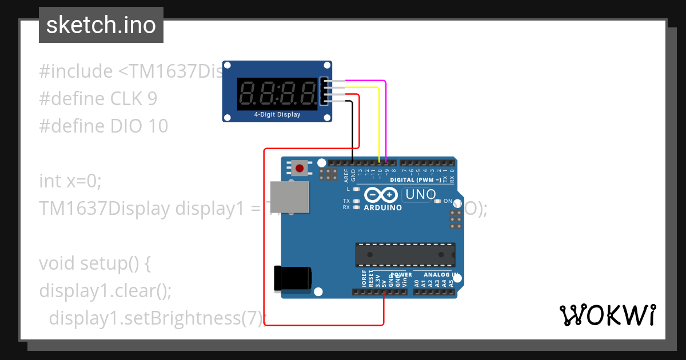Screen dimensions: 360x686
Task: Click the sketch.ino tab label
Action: click(101, 25)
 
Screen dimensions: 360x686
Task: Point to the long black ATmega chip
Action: click(405, 255)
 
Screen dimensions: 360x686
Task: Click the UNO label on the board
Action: click(420, 195)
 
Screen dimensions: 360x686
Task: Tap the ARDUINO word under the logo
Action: click(383, 207)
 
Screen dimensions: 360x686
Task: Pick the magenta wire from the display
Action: click(386, 114)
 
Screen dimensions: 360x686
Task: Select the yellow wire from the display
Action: click(379, 120)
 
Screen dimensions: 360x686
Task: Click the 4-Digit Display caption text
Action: click(277, 114)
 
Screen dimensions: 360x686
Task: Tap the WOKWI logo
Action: click(607, 315)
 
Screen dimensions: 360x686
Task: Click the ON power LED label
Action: click(448, 201)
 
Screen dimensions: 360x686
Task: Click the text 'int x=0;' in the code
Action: click(70, 181)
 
